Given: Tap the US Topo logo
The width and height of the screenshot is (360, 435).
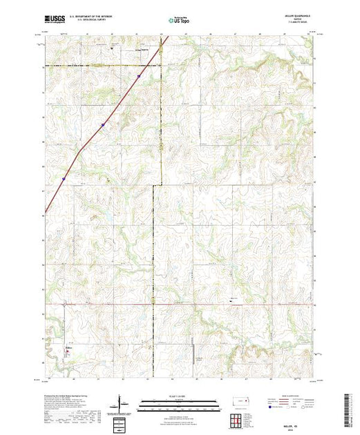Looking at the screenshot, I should [x=179, y=21].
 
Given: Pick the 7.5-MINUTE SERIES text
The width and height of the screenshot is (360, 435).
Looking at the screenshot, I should [x=302, y=25].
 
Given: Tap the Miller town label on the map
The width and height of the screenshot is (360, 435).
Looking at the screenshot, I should [x=67, y=347].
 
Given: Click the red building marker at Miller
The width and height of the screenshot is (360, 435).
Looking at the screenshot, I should [x=68, y=352].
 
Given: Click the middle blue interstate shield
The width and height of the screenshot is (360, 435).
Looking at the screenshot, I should [x=102, y=125].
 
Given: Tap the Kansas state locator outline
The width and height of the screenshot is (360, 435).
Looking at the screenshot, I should [x=240, y=401].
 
